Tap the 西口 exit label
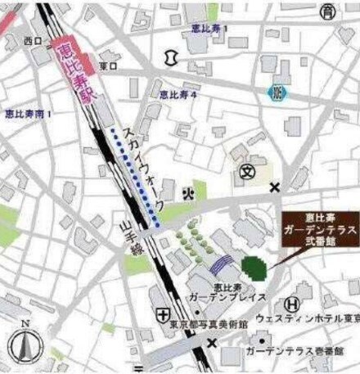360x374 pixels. (33, 40)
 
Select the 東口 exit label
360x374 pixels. (107, 65)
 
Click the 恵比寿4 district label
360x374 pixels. (178, 96)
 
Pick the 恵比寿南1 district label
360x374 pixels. (28, 115)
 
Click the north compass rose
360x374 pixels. (25, 347)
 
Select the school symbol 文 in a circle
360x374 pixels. (247, 171)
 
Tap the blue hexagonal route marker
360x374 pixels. (278, 92)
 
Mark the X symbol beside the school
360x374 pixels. (274, 187)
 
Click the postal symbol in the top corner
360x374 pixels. (327, 11)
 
